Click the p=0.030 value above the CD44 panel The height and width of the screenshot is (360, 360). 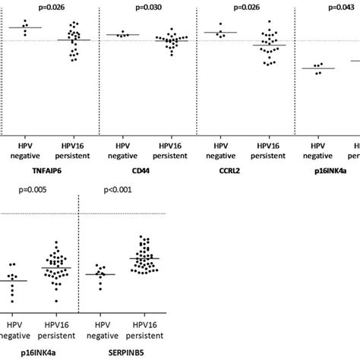[150, 7]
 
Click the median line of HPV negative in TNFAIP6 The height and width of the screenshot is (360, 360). [28, 28]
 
